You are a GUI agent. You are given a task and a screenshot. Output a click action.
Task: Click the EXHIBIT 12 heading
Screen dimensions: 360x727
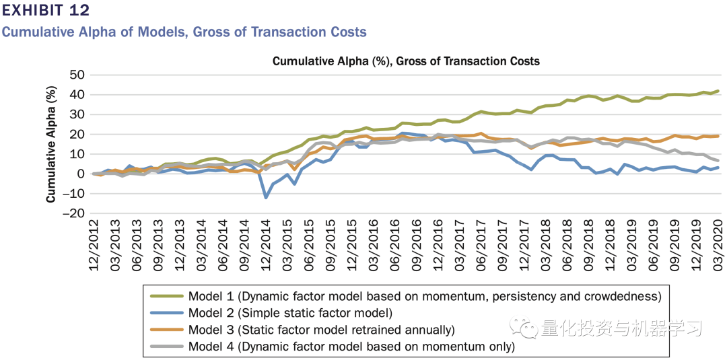point(45,11)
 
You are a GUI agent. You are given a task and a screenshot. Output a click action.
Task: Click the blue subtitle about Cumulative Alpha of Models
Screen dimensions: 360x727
point(184,32)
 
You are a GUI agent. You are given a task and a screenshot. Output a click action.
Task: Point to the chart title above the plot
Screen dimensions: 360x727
point(406,61)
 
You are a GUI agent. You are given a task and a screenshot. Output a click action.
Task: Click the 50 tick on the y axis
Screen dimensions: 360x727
point(77,75)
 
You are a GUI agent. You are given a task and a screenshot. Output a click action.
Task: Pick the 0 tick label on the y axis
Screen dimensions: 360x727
point(80,174)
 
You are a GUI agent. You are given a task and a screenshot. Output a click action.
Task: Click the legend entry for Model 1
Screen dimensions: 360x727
point(425,296)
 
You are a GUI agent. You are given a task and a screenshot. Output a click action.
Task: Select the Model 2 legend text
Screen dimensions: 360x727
point(290,313)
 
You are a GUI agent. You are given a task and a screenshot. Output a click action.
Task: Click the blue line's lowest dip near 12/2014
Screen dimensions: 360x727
point(267,197)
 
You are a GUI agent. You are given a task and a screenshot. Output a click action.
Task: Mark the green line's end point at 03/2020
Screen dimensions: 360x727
point(718,91)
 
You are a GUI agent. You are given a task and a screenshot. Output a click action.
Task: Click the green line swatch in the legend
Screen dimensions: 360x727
point(166,296)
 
